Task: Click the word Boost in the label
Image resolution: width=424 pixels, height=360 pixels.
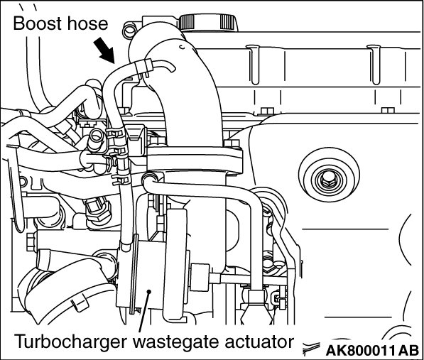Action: pyautogui.click(x=38, y=23)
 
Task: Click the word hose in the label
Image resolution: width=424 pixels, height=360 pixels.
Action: pyautogui.click(x=87, y=23)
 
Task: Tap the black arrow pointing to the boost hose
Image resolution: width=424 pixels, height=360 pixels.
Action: pyautogui.click(x=104, y=50)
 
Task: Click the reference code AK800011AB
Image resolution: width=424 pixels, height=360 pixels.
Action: pyautogui.click(x=372, y=351)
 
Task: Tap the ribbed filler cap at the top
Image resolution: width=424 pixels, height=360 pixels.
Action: pyautogui.click(x=208, y=22)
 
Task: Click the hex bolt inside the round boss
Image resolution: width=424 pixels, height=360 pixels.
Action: pyautogui.click(x=329, y=179)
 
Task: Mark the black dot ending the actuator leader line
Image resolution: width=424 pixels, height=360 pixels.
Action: pyautogui.click(x=148, y=291)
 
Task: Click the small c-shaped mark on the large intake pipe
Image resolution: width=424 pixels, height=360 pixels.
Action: pyautogui.click(x=183, y=47)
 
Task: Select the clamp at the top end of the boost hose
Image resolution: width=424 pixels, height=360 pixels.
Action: pyautogui.click(x=143, y=67)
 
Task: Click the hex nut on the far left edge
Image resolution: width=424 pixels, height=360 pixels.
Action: pyautogui.click(x=31, y=241)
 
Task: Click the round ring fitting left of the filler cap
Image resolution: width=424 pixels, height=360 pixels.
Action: pyautogui.click(x=130, y=31)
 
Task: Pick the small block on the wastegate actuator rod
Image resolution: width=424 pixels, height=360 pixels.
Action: pyautogui.click(x=200, y=278)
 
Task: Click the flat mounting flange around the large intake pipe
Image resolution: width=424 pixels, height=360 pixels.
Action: pyautogui.click(x=195, y=160)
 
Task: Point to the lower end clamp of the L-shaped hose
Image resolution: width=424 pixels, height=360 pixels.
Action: pyautogui.click(x=256, y=297)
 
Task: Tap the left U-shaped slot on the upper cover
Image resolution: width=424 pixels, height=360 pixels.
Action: pyautogui.click(x=254, y=65)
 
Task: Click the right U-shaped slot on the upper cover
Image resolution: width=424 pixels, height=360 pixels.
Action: pyautogui.click(x=374, y=65)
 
